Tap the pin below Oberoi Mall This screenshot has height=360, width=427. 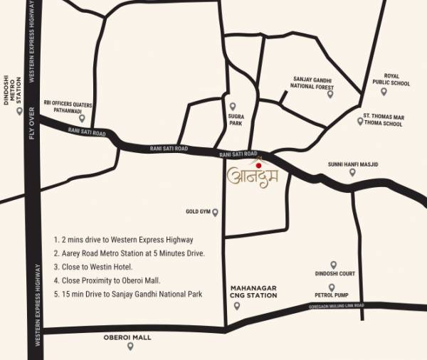click(130, 346)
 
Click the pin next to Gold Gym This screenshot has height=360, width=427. click(215, 212)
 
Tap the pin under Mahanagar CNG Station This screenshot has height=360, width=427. click(238, 306)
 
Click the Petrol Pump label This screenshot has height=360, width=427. click(331, 294)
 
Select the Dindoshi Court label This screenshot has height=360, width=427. click(334, 273)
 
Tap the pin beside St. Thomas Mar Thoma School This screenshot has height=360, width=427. click(360, 121)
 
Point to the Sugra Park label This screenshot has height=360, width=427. click(236, 117)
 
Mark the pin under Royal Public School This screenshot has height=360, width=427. click(384, 91)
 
